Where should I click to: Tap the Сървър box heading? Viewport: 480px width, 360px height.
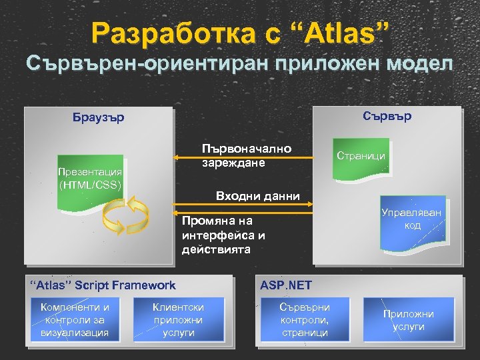point(387,116)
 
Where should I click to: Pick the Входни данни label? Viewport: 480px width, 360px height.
point(258,196)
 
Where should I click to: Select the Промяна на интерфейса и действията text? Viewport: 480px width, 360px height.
point(223,235)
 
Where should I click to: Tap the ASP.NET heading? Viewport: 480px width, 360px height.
point(285,285)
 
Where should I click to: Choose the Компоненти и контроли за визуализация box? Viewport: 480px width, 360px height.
point(75,319)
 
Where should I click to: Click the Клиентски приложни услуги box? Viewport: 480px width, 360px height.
point(179,319)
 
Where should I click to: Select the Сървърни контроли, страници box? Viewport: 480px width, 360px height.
point(305,319)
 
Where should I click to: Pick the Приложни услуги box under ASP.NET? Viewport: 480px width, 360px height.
point(408,320)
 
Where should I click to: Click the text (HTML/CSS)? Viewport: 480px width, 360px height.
point(90,185)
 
